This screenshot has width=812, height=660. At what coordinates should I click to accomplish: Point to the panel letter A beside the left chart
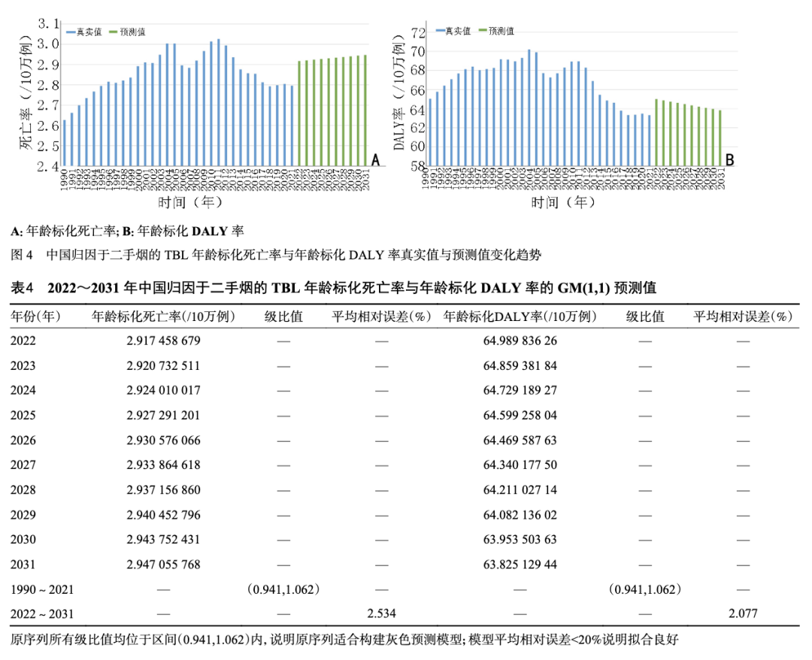click(x=376, y=159)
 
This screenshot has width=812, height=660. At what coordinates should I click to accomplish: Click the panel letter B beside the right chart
click(x=729, y=159)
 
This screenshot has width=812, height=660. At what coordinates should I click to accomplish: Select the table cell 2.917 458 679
click(x=163, y=341)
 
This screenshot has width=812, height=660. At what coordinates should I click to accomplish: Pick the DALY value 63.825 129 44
click(x=520, y=565)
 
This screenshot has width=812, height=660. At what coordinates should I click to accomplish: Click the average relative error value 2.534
click(x=381, y=614)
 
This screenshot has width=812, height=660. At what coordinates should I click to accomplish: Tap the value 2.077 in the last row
click(x=743, y=614)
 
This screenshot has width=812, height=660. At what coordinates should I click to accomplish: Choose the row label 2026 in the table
click(x=23, y=440)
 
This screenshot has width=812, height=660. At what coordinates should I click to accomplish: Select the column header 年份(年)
click(x=36, y=316)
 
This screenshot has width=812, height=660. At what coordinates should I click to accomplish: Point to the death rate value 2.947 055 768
click(x=163, y=565)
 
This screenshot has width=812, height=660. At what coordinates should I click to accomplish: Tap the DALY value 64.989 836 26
click(x=520, y=341)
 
